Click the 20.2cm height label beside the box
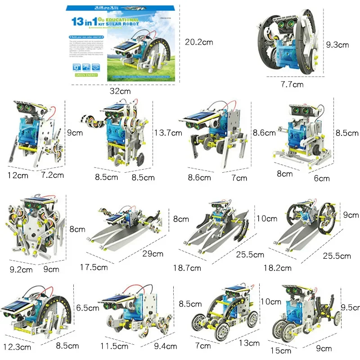[x=199, y=42]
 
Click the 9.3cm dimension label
[x=337, y=45]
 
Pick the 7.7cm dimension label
[x=292, y=84]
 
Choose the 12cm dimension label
[x=18, y=175]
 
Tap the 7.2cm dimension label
[x=53, y=175]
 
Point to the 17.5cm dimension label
[x=94, y=267]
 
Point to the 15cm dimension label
[x=283, y=350]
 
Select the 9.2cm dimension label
[x=21, y=270]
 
